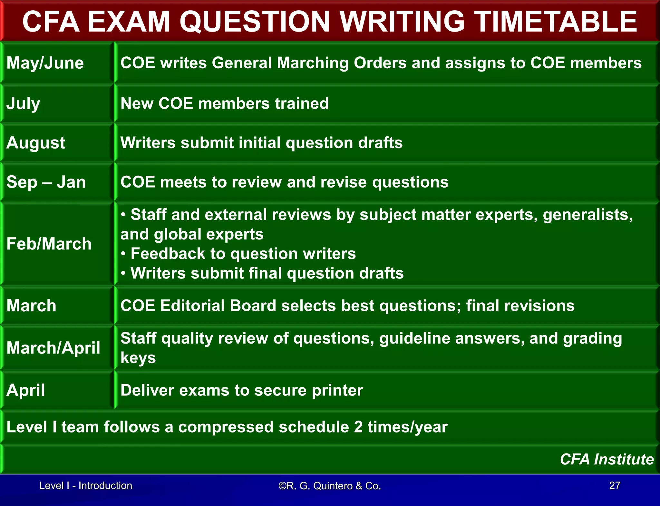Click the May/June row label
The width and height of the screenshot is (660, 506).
[45, 63]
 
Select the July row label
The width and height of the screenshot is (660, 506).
[23, 103]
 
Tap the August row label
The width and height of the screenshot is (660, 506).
[36, 143]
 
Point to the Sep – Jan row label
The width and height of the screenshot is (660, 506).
[46, 182]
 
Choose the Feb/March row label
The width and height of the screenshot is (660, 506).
[49, 244]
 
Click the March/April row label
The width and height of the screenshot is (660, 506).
[53, 348]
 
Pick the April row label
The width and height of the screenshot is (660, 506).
[26, 390]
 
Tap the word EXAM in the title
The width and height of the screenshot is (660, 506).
[129, 22]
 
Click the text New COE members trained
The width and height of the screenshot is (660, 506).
[225, 103]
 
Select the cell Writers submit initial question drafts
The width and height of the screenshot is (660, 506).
[261, 143]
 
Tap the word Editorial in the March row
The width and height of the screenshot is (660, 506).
[218, 306]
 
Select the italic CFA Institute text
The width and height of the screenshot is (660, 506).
[607, 459]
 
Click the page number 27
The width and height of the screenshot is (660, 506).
[615, 485]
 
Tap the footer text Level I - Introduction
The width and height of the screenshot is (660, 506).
[86, 485]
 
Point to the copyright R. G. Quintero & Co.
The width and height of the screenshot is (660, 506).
[330, 486]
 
